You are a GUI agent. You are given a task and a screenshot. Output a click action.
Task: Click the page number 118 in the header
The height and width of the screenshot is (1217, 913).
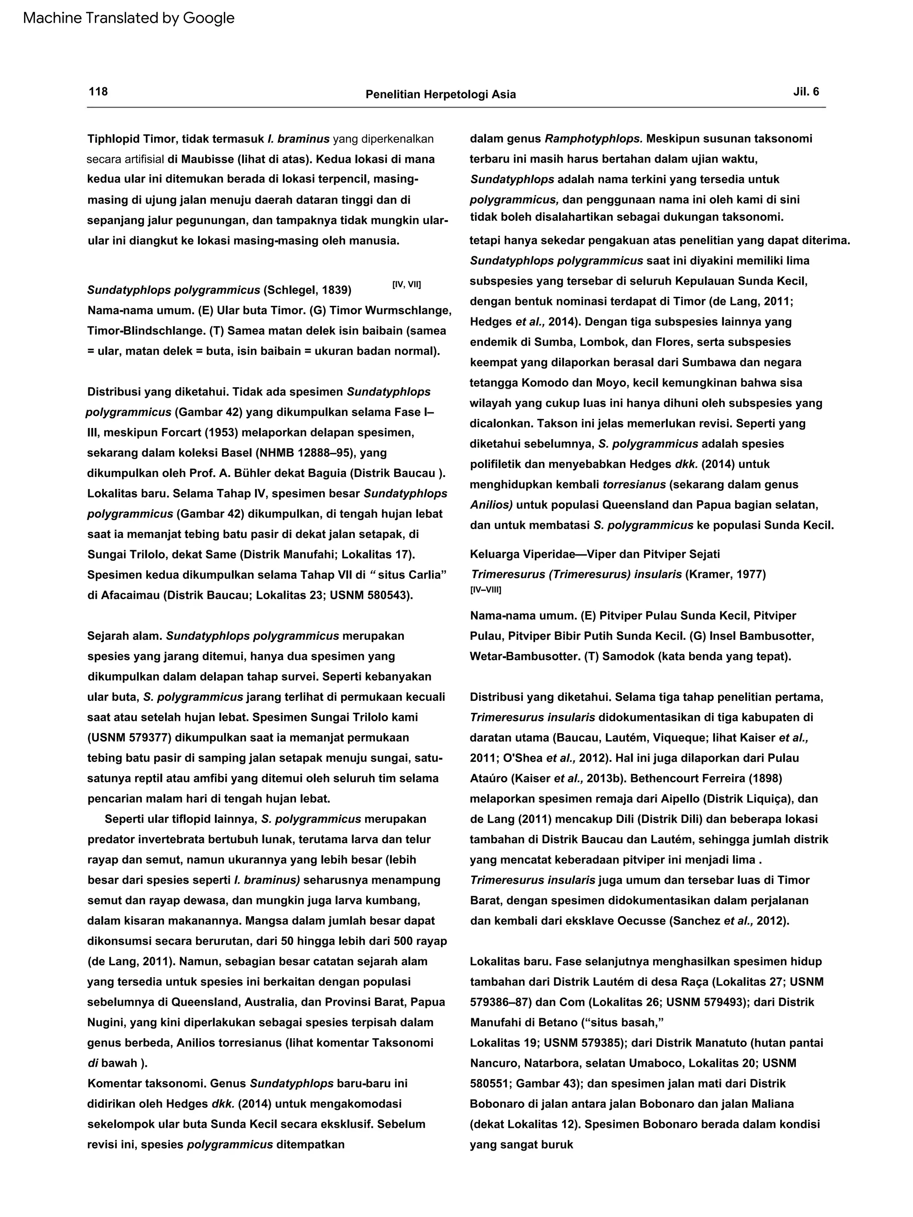point(98,91)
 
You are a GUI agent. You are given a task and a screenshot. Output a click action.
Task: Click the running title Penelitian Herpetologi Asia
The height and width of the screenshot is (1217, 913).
point(440,94)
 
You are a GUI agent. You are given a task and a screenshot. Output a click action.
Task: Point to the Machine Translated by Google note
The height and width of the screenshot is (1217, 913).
point(129,18)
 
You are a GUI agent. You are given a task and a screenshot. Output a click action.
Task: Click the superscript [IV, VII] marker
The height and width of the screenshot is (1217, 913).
point(406,284)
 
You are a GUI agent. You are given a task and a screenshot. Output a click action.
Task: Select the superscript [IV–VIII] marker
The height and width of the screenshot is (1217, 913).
point(485,590)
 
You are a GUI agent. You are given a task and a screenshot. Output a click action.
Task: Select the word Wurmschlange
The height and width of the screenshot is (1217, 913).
point(411,310)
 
